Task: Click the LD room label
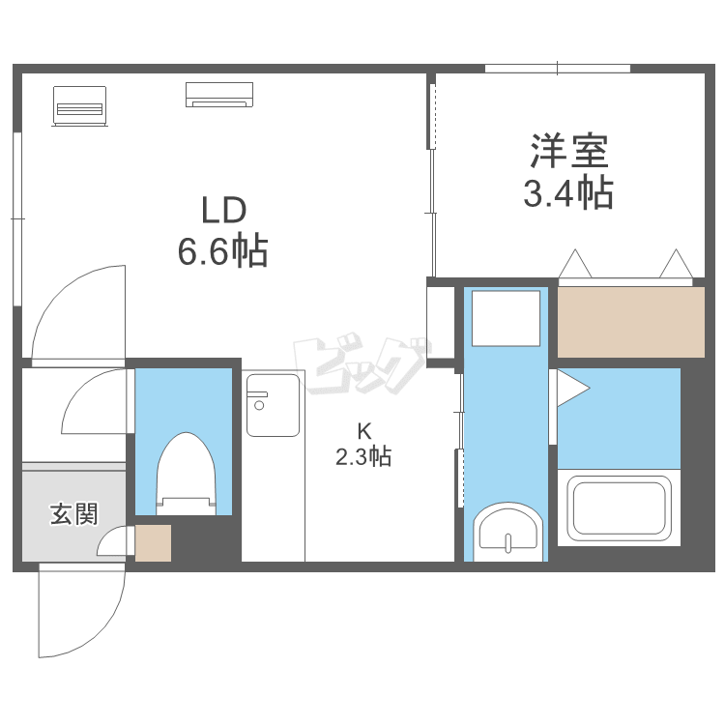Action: click(224, 210)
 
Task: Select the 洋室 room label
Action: click(567, 152)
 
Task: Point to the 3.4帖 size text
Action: click(567, 193)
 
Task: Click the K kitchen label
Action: click(362, 431)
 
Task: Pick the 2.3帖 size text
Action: click(362, 457)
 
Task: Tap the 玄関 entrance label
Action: click(73, 514)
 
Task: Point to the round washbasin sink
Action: click(508, 533)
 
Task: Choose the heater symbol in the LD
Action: click(79, 103)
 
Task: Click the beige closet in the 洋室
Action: click(632, 322)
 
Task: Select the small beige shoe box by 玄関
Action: click(153, 542)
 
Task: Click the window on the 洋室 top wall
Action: click(558, 68)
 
